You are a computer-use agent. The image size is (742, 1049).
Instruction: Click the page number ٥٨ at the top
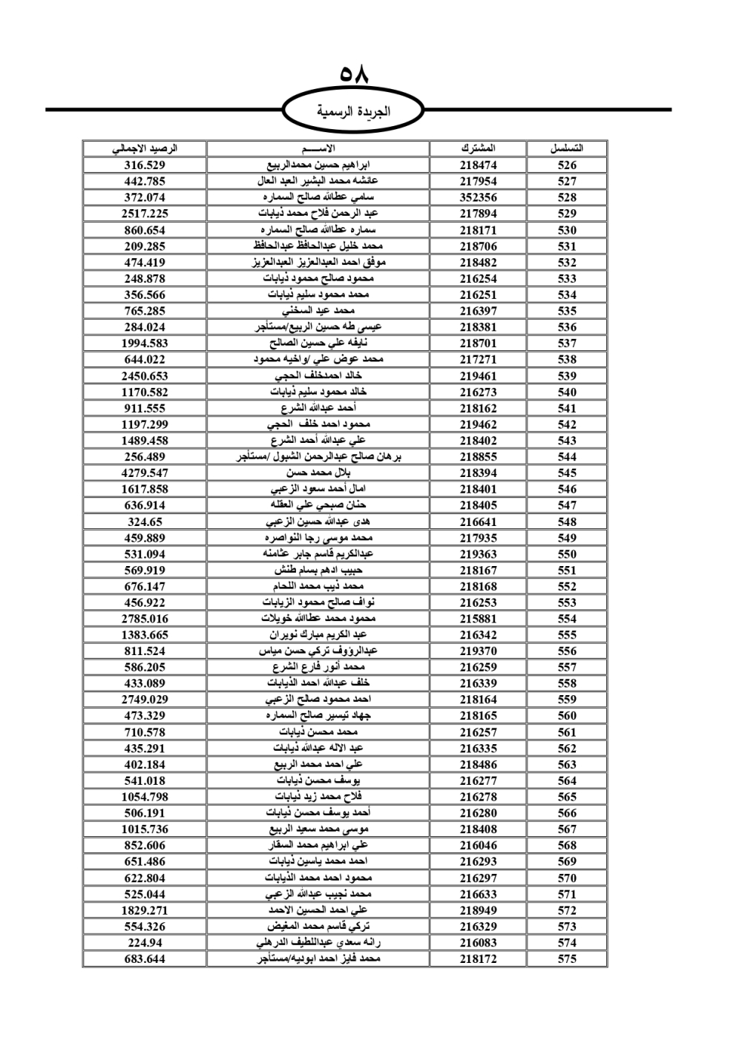[x=354, y=75]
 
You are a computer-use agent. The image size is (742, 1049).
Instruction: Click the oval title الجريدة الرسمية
[x=354, y=112]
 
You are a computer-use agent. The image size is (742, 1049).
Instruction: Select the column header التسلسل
[x=567, y=148]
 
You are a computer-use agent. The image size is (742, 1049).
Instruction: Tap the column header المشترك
[x=478, y=148]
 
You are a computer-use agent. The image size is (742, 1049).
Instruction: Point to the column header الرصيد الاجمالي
[x=145, y=148]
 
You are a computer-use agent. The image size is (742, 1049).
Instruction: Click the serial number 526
[x=567, y=165]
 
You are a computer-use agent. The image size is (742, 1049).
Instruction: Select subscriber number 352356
[x=478, y=197]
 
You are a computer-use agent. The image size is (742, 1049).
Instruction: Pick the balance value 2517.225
[x=145, y=214]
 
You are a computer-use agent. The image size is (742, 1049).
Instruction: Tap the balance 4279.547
[x=145, y=473]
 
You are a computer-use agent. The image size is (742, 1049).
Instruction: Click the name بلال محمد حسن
[x=318, y=473]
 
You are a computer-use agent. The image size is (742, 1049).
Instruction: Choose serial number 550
[x=567, y=554]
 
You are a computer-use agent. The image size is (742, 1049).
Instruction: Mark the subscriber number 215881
[x=478, y=619]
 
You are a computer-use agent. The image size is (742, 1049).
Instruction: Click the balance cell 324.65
[x=145, y=522]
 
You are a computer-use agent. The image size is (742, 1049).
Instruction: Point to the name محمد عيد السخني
[x=318, y=311]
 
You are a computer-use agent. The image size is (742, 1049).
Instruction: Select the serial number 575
[x=567, y=958]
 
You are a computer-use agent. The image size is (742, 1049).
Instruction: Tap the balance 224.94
[x=145, y=943]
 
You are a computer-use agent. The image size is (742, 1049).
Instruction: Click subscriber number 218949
[x=478, y=910]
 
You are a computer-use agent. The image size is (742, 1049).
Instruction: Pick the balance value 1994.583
[x=145, y=343]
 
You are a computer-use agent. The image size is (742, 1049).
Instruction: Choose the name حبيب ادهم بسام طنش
[x=318, y=570]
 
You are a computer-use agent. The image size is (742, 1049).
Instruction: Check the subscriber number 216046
[x=478, y=846]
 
